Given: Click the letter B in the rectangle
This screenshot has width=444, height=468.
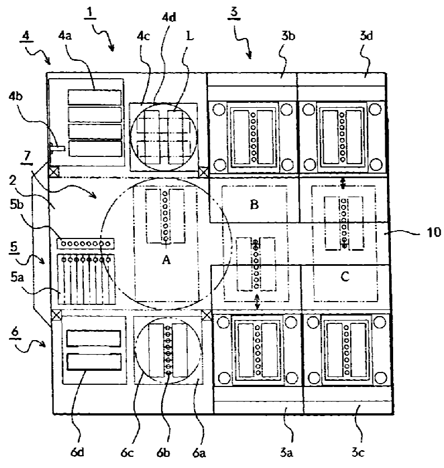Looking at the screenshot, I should tap(254, 204).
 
